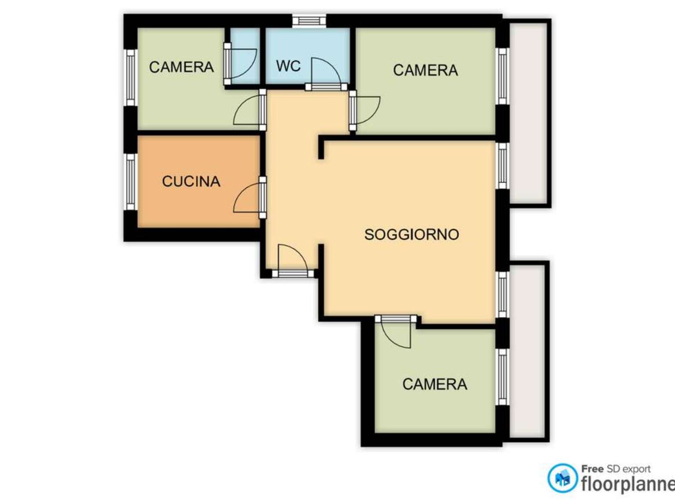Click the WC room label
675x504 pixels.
coord(288,66)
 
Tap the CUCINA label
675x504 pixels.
coord(191,181)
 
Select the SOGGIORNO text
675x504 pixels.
coord(411,234)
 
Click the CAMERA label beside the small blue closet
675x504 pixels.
coord(181,67)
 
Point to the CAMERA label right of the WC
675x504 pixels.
coord(425,70)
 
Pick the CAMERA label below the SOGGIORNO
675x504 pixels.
coord(435,384)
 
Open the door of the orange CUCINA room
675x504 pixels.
coord(250,197)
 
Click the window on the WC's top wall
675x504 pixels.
coord(309,21)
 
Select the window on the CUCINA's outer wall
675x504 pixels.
coord(131,182)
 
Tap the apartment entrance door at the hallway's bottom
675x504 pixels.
coord(293,261)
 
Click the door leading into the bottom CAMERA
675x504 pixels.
coord(396,331)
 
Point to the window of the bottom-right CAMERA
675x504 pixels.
coord(502,377)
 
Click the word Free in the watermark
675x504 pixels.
coord(592,469)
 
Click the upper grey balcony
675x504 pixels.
coord(529,113)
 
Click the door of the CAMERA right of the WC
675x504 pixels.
coord(365,110)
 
